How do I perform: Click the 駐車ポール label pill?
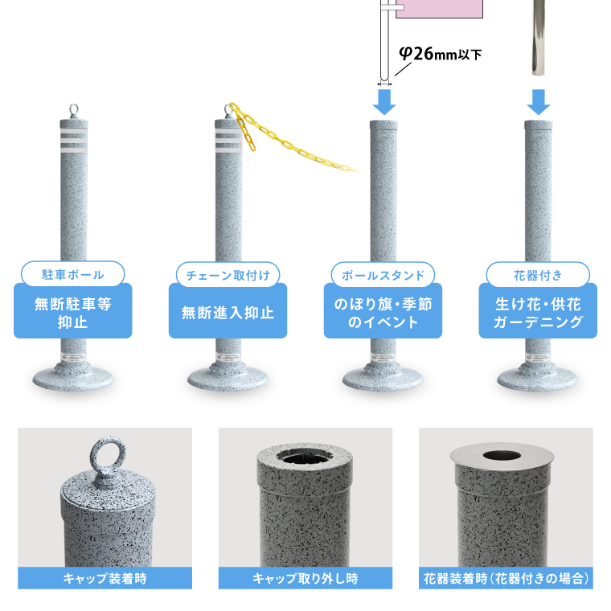pos(73,274)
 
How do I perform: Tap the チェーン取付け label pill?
pos(228,275)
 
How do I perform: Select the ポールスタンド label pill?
pos(383,275)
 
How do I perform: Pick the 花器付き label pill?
pos(538,275)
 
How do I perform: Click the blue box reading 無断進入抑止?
pos(228,312)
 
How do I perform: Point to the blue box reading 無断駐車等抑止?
pos(73,312)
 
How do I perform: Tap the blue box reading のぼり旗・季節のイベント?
pos(383,312)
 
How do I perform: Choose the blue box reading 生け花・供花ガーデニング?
pos(538,312)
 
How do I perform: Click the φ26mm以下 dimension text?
pos(440,54)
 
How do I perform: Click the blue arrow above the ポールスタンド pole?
pos(384,102)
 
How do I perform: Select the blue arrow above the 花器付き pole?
pos(539,102)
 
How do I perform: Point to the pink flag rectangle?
pos(440,9)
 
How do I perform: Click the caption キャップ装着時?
pos(105,578)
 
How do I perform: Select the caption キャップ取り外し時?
pos(305,578)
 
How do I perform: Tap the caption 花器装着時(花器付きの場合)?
pos(506,578)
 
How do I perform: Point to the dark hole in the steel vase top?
pos(502,456)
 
